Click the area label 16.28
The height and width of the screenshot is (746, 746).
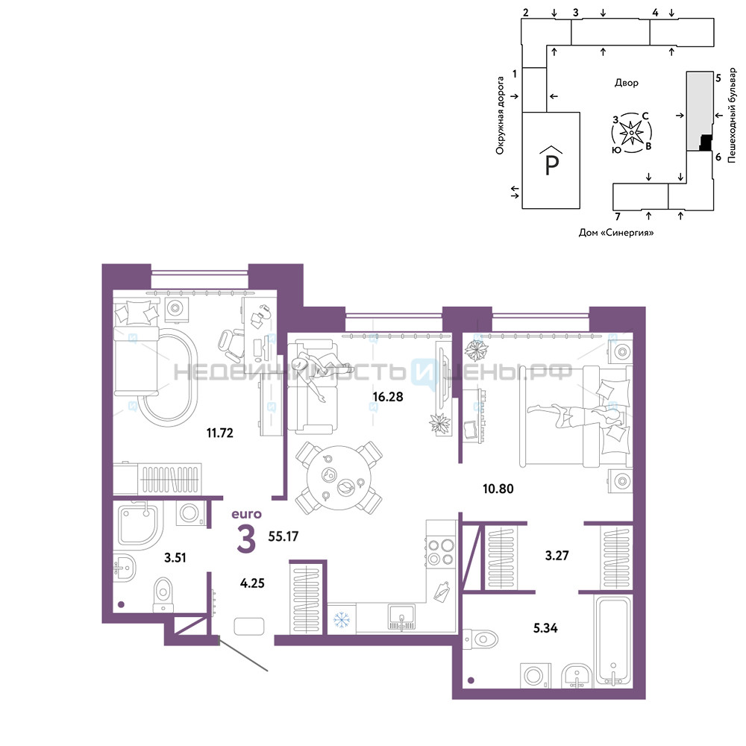[x=388, y=396]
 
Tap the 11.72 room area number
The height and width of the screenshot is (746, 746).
[x=220, y=433]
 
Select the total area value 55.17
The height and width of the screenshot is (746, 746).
[x=283, y=536]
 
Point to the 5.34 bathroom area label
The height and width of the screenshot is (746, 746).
[x=545, y=628]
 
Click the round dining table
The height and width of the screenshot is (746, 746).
[x=339, y=477]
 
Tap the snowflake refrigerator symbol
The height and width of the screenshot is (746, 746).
[x=341, y=619]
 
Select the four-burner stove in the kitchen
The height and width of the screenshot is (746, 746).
[x=441, y=552]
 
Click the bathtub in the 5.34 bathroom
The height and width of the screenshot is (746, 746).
[x=614, y=642]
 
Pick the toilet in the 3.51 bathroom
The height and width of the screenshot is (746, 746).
[x=163, y=595]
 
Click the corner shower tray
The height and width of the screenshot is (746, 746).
[x=138, y=524]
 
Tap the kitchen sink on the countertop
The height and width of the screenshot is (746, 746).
[x=401, y=617]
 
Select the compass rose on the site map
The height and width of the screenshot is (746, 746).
[x=631, y=133]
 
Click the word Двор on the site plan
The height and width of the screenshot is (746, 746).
[x=626, y=83]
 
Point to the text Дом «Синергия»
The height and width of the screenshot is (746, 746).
[x=616, y=233]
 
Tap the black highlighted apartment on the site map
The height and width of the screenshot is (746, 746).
[x=706, y=142]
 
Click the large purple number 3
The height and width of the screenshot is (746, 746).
[x=246, y=539]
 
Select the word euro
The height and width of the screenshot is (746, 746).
[x=246, y=514]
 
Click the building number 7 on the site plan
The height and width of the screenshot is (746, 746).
[x=618, y=216]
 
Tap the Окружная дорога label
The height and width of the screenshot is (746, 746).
[x=500, y=116]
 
